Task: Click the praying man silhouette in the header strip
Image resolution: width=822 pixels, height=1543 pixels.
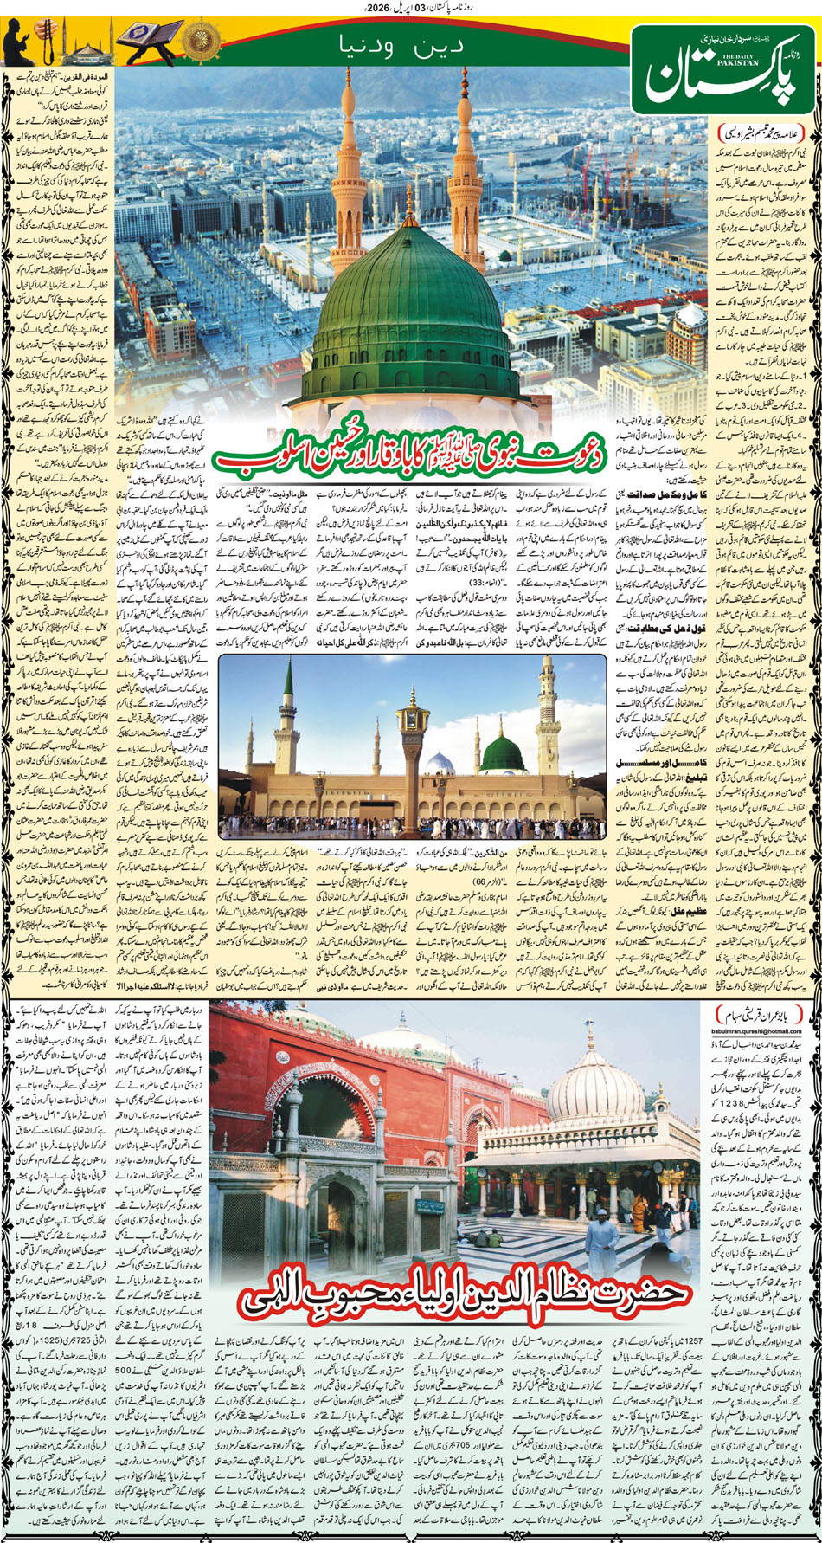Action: click(x=19, y=42)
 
